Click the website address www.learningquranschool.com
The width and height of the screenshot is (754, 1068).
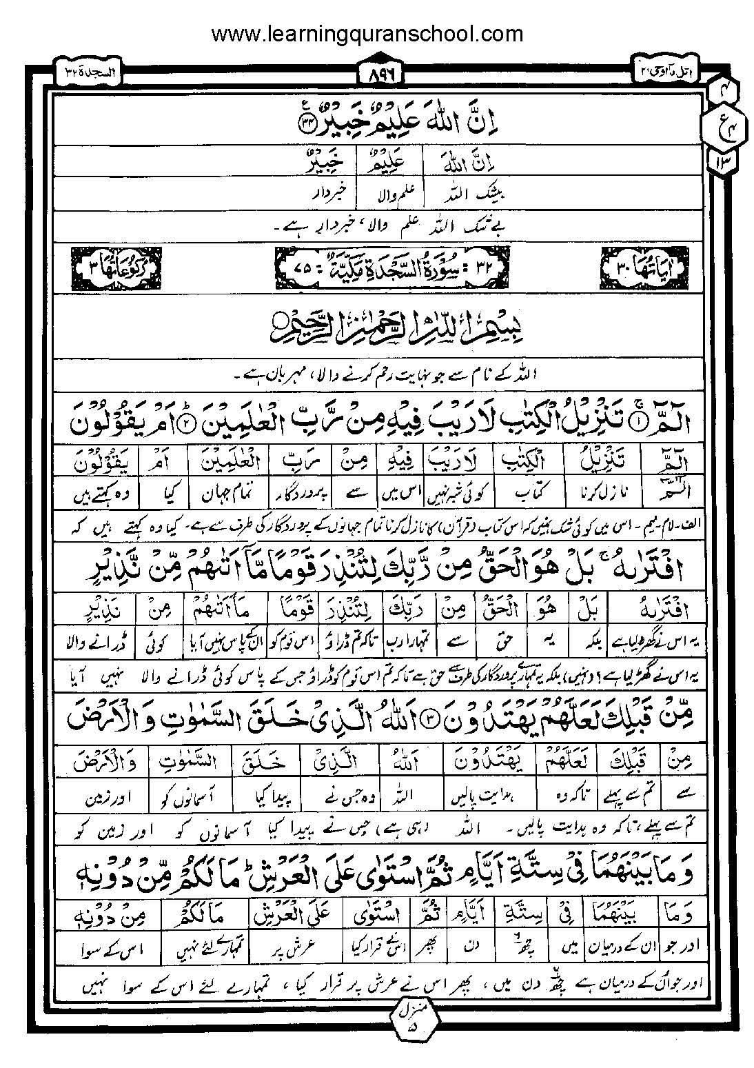pyautogui.click(x=366, y=33)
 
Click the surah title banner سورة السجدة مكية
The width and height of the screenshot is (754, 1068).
pyautogui.click(x=377, y=264)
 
